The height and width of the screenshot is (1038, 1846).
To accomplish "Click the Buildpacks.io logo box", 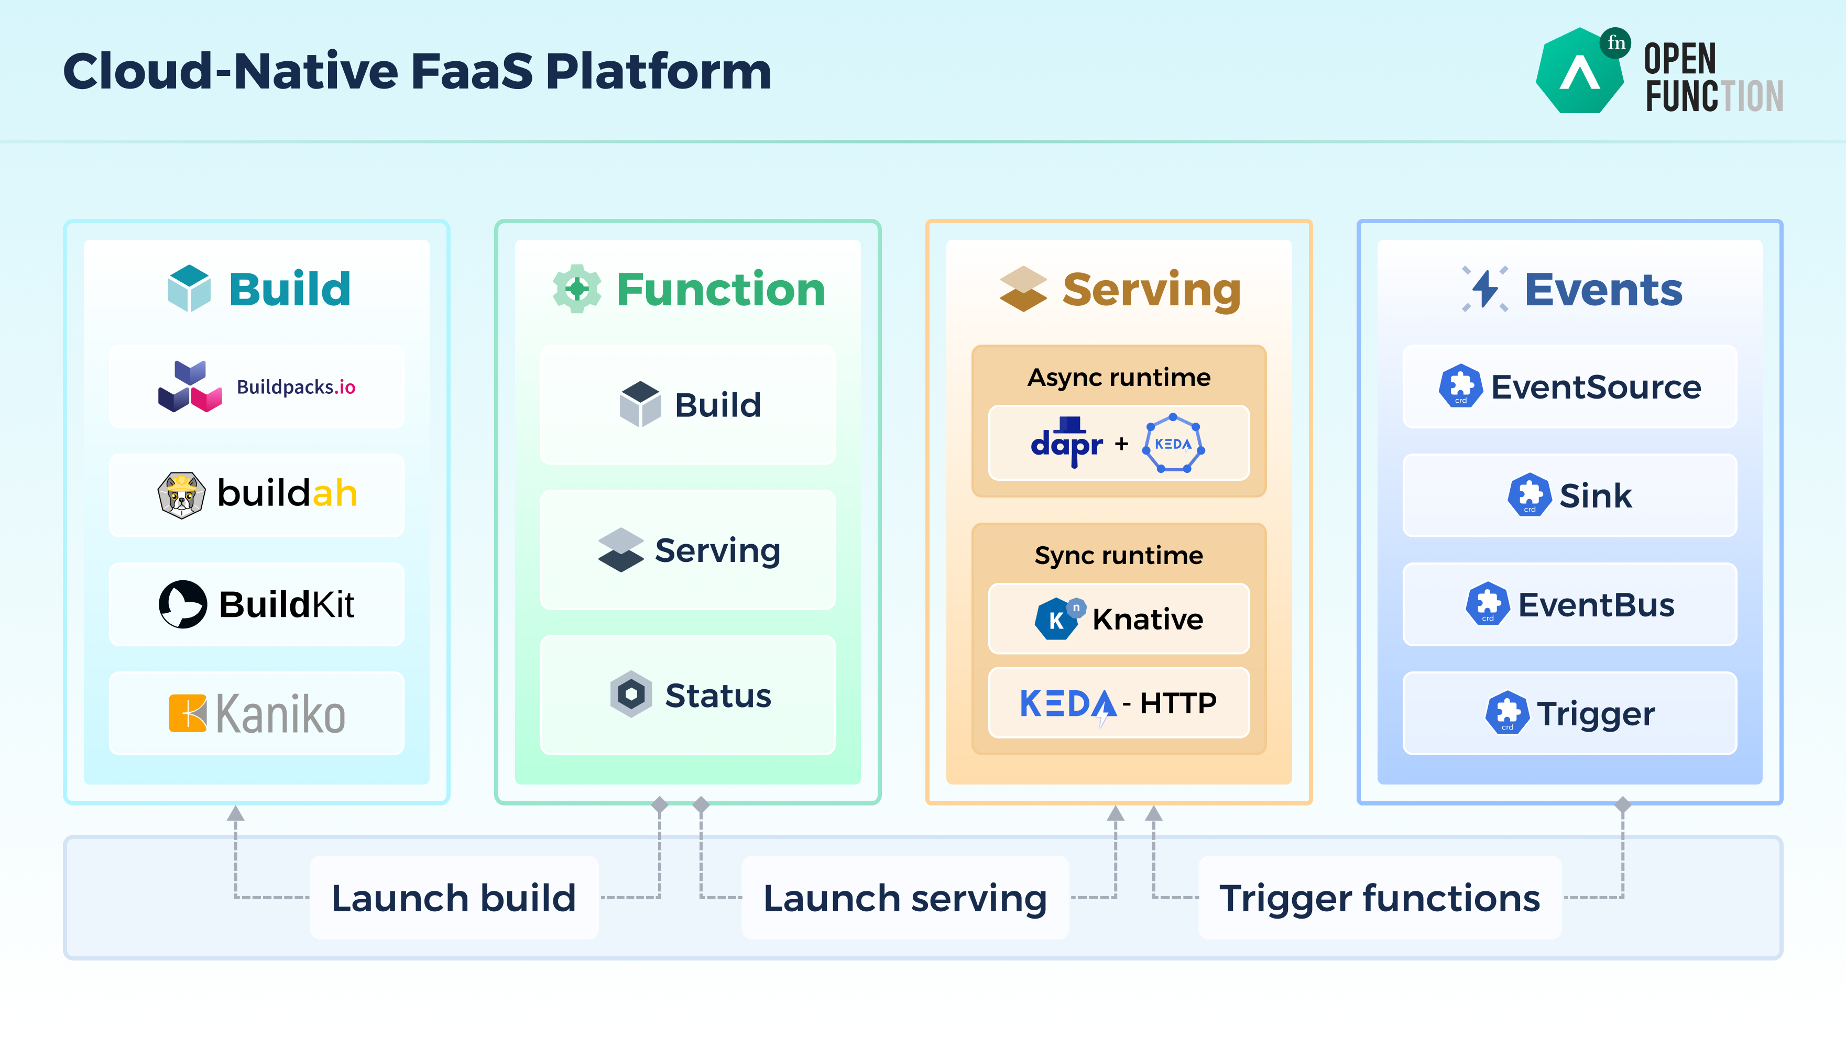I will click(257, 387).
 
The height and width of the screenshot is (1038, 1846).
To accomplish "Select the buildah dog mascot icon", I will click(181, 494).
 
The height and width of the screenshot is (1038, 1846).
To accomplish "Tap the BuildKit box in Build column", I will click(257, 604).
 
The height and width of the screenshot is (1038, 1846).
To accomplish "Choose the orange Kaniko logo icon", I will click(187, 713).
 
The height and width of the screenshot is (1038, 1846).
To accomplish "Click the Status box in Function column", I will click(688, 695).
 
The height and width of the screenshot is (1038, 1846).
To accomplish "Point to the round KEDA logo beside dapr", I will click(1173, 444).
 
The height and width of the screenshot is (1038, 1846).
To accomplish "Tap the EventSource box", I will click(1569, 387).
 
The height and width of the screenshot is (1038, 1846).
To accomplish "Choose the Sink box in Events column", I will click(1569, 495).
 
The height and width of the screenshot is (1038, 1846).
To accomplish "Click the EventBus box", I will click(1569, 604).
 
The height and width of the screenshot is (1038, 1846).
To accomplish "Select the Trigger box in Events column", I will click(1569, 713).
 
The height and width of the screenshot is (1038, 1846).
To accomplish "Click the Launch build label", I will click(454, 898).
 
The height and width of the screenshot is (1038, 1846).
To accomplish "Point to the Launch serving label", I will click(905, 898).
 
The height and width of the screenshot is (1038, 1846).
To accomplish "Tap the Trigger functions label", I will click(1380, 898).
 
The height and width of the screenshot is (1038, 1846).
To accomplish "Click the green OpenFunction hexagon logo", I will click(1579, 72).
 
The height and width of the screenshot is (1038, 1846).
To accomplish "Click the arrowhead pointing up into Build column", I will click(236, 814).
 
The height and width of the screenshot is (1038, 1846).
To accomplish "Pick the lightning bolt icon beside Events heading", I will click(1485, 289).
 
